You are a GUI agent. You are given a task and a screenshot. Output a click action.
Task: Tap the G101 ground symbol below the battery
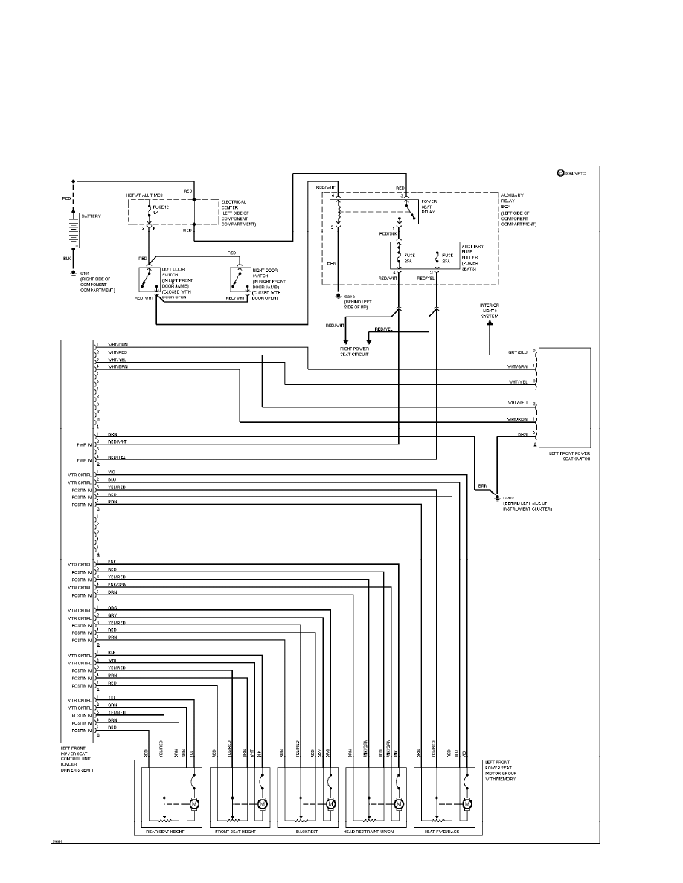[x=73, y=273]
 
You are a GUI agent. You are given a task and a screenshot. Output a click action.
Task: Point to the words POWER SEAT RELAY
[x=429, y=207]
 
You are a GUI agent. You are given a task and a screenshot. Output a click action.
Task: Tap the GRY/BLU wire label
[x=518, y=352]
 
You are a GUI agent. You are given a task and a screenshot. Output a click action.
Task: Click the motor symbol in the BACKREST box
[x=330, y=803]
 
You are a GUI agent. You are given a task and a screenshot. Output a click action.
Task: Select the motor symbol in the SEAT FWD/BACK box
[x=467, y=803]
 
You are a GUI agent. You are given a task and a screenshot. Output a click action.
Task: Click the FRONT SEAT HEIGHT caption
[x=235, y=832]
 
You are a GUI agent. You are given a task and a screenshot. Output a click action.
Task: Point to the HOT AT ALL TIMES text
[x=144, y=195]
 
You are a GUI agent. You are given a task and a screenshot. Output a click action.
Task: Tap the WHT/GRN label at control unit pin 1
[x=117, y=345]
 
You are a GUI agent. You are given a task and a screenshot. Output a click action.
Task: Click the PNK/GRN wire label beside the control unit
[x=118, y=584]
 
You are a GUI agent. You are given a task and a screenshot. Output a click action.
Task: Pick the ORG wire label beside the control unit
[x=112, y=608]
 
